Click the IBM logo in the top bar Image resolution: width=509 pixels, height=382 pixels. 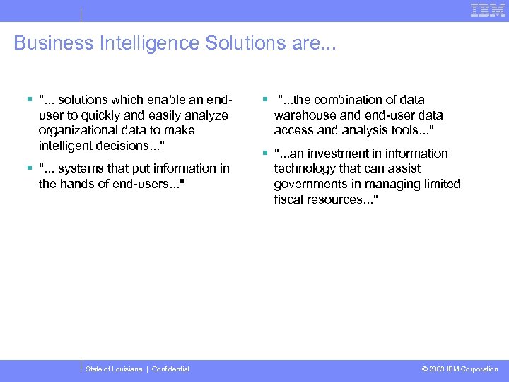tap(488, 10)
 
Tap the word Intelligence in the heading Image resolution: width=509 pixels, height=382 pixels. tap(141, 43)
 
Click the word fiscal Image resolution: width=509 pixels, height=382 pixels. tap(287, 199)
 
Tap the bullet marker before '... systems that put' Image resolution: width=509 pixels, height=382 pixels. tap(29, 168)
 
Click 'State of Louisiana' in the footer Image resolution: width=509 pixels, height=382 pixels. tap(114, 369)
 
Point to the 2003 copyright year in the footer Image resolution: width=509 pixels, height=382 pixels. tap(437, 369)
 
